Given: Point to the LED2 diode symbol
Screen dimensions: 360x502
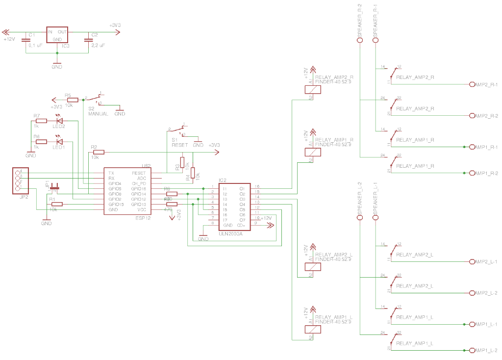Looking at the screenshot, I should tap(60, 120).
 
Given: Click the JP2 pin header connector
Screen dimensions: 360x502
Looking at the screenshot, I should tap(20, 180).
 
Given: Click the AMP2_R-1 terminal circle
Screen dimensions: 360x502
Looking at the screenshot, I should tap(472, 84).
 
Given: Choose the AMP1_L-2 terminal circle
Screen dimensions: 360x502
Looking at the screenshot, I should tap(472, 350).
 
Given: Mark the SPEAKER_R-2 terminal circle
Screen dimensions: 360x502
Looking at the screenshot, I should tap(359, 41).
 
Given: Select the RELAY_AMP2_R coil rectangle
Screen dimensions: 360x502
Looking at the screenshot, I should tap(313, 89).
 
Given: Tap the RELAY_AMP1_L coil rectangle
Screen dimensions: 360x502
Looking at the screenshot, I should tap(313, 329).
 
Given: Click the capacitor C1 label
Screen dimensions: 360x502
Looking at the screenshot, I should tap(31, 35).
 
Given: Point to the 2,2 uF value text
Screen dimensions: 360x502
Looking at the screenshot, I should tap(98, 45).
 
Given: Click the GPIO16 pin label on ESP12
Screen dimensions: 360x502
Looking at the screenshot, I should tap(138, 189).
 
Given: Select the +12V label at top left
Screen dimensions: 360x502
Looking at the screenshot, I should tap(9, 39).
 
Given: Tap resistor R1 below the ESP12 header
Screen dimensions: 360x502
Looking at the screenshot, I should tap(57, 204).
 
